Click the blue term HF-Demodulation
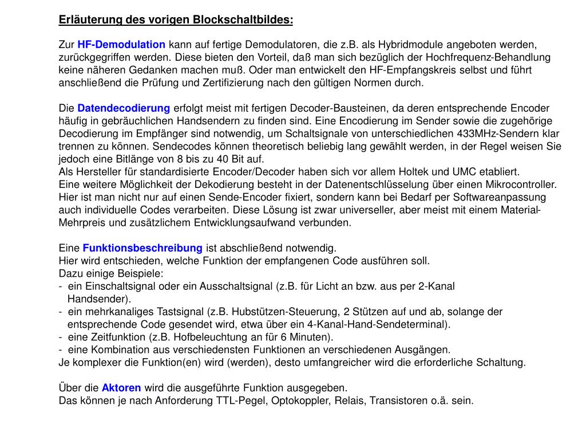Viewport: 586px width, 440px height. [121, 45]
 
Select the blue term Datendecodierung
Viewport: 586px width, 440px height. [124, 108]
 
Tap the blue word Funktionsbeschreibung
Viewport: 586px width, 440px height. [142, 248]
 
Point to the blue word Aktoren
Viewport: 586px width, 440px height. [121, 388]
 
